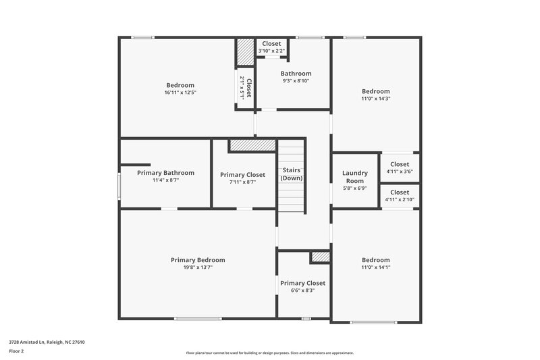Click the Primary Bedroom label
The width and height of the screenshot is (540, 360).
(x=198, y=260)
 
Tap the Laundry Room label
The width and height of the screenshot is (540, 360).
(x=354, y=177)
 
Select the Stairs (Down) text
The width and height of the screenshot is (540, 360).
(x=292, y=174)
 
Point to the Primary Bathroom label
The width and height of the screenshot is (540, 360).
(x=165, y=173)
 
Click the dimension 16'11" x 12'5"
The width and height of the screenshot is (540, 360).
(x=180, y=93)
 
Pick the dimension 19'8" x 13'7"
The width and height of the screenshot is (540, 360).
(x=198, y=267)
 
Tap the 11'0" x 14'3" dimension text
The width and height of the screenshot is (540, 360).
(x=375, y=99)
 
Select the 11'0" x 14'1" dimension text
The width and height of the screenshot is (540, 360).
(x=375, y=267)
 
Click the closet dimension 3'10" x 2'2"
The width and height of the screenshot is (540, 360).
(x=271, y=51)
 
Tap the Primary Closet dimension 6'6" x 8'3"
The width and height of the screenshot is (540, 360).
(x=302, y=290)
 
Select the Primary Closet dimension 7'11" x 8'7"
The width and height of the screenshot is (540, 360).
(x=242, y=182)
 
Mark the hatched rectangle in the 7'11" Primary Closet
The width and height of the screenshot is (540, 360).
(x=252, y=145)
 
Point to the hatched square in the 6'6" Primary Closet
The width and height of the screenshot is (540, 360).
(x=320, y=257)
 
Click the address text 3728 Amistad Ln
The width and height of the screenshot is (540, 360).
(x=47, y=342)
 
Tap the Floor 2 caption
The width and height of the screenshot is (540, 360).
(x=16, y=351)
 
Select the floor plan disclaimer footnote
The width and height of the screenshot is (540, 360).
(x=269, y=353)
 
